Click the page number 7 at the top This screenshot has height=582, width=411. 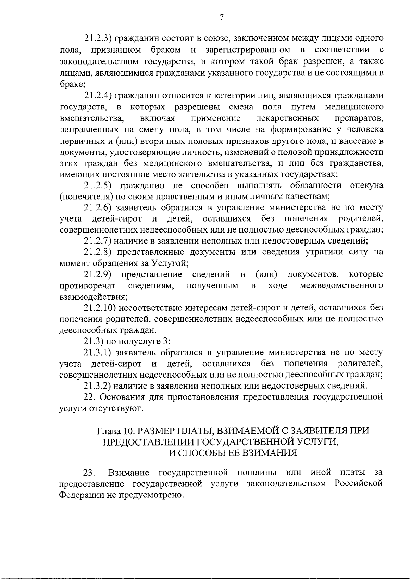[222, 17]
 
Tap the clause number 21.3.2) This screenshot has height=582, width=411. [97, 386]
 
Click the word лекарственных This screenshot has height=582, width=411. [287, 118]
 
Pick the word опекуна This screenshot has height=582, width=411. [366, 186]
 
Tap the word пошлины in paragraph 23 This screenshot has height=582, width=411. [257, 473]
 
